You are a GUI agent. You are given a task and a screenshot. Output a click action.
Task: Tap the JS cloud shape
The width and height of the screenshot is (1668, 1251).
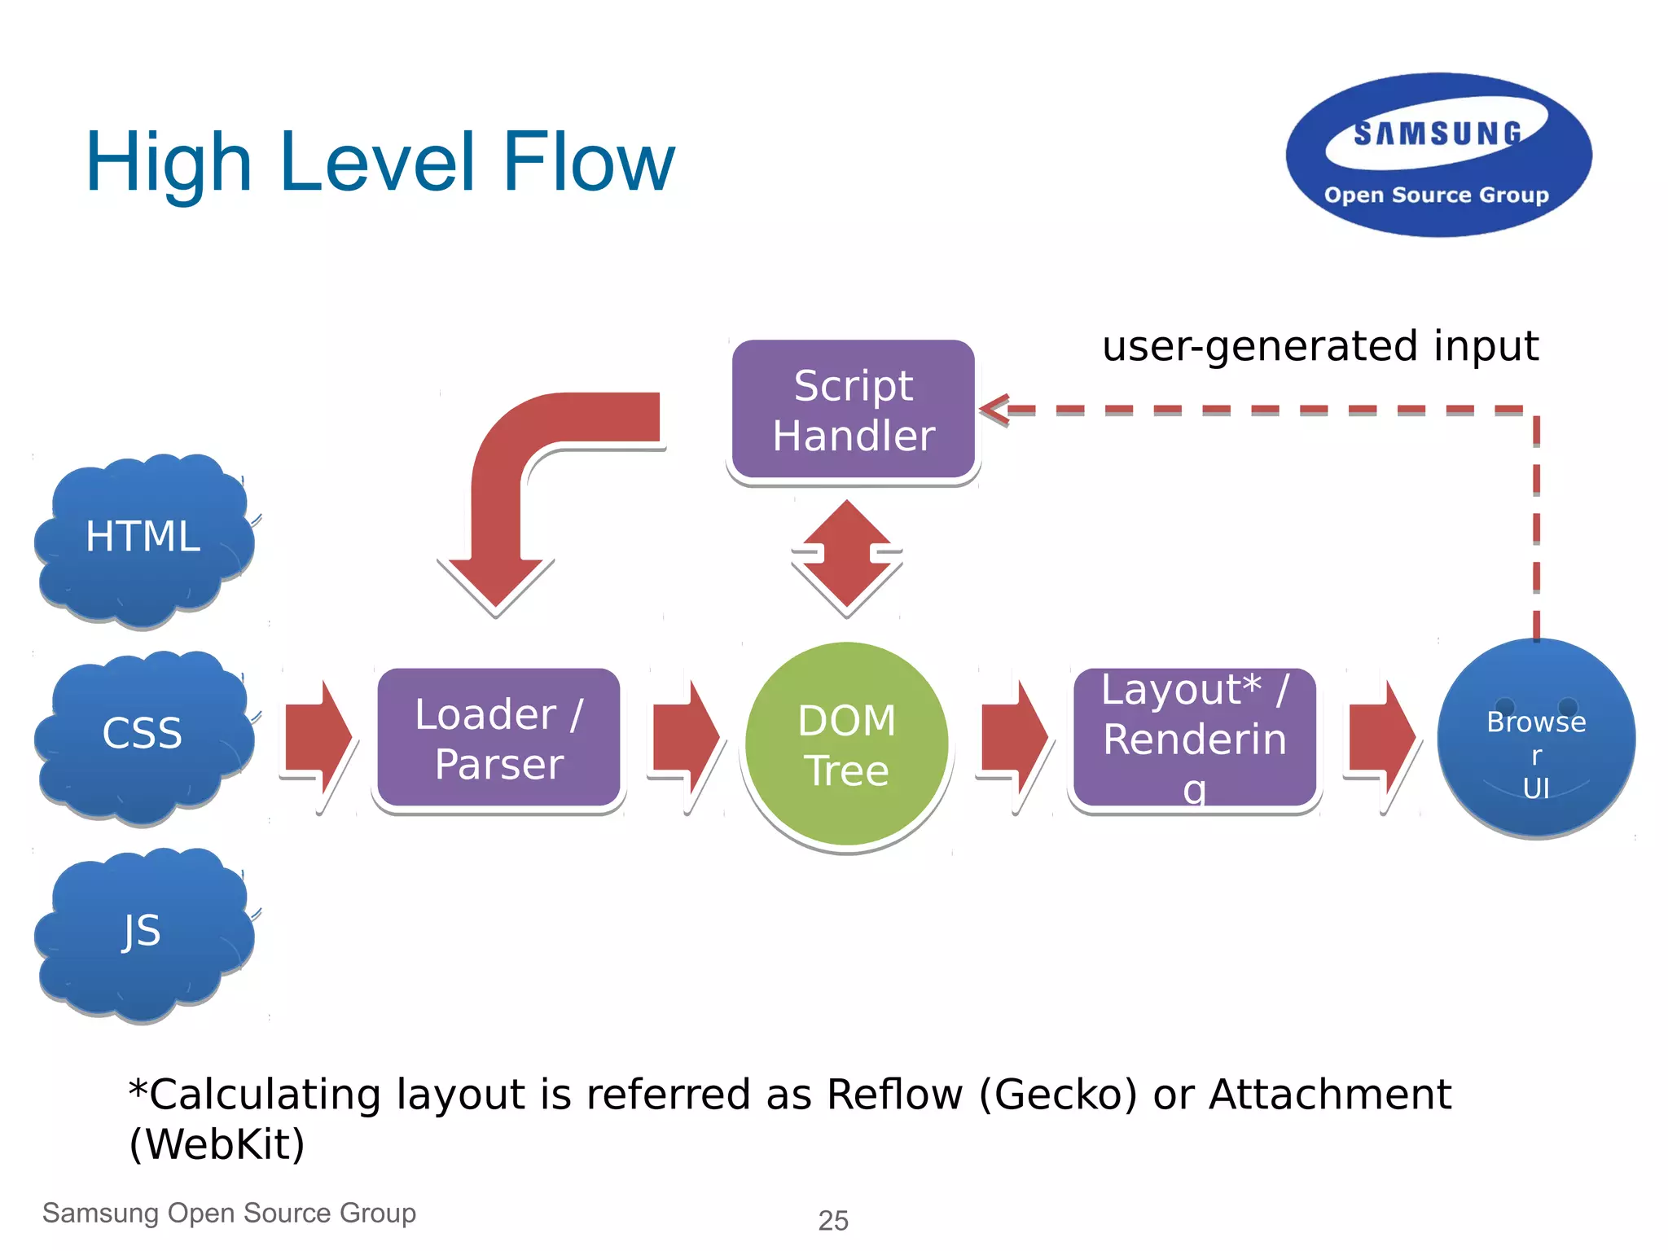(x=143, y=933)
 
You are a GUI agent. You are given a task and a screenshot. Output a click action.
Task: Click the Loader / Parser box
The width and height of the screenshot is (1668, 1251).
(x=498, y=738)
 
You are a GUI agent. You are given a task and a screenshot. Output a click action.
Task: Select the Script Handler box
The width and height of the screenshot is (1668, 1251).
(x=853, y=410)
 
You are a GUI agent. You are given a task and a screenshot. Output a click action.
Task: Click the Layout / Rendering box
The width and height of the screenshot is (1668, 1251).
(x=1194, y=738)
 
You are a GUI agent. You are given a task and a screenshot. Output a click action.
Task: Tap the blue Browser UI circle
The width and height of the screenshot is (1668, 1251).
(x=1536, y=738)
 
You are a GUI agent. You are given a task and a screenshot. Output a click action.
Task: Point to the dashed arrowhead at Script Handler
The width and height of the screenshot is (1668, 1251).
(x=995, y=410)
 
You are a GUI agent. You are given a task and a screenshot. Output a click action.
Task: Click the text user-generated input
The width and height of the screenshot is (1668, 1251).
(x=1319, y=346)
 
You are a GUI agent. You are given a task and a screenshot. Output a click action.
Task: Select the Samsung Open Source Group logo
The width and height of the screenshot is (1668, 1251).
(x=1438, y=155)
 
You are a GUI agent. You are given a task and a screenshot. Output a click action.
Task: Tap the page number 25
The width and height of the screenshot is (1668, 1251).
(x=833, y=1221)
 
